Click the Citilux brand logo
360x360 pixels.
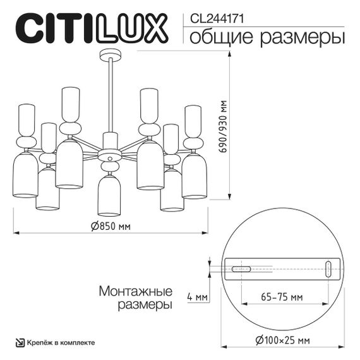coord(91,28)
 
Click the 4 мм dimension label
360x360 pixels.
coord(198,297)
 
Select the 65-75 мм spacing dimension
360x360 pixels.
coord(280,297)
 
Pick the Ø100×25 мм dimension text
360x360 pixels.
coord(282,341)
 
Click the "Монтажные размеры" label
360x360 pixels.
coord(136,298)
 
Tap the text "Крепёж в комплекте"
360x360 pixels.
coord(61,342)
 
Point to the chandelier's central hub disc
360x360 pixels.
coord(109,154)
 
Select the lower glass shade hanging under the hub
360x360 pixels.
coord(109,195)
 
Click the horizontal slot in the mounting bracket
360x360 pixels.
coord(241,269)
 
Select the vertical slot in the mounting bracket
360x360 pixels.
coord(328,268)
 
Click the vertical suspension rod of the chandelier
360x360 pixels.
coord(109,95)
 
